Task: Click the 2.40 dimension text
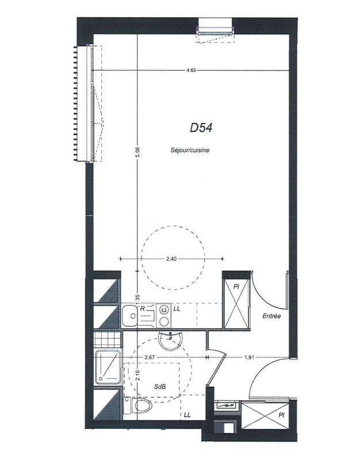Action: pos(171,259)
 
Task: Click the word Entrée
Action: pos(271,316)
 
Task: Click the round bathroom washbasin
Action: pos(170,342)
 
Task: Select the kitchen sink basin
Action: pos(128,315)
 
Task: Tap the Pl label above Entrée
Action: pos(236,286)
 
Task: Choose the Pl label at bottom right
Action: pos(281,413)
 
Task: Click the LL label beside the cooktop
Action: pos(177,309)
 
